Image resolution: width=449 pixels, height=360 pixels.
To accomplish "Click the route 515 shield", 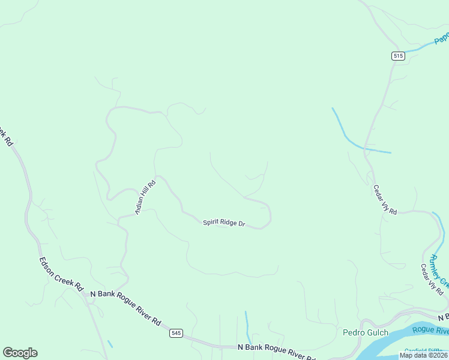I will pyautogui.click(x=399, y=56).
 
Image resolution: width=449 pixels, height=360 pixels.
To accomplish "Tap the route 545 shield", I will pyautogui.click(x=176, y=333).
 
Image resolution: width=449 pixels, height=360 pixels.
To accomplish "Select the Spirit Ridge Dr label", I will pyautogui.click(x=224, y=223).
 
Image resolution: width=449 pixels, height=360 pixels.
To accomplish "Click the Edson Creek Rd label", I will pyautogui.click(x=61, y=274).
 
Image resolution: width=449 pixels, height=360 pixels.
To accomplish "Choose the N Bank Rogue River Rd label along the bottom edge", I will pyautogui.click(x=277, y=351).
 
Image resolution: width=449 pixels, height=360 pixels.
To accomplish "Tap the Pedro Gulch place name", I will pyautogui.click(x=365, y=332).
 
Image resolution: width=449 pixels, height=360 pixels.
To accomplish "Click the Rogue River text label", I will pyautogui.click(x=430, y=331).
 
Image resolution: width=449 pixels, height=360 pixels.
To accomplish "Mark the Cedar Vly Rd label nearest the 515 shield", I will pyautogui.click(x=385, y=200).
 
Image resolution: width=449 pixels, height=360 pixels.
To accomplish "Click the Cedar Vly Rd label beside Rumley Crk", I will pyautogui.click(x=431, y=279).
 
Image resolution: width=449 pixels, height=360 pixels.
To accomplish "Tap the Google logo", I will pyautogui.click(x=20, y=353).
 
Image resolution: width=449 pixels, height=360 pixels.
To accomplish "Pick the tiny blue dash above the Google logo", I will pyautogui.click(x=110, y=344).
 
